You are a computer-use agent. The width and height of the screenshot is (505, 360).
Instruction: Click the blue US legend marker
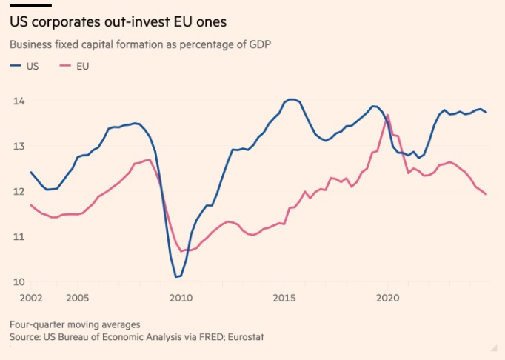click(16, 66)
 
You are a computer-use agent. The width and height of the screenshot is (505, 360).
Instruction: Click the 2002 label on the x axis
click(21, 298)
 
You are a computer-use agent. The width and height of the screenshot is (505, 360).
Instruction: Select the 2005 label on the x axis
click(78, 298)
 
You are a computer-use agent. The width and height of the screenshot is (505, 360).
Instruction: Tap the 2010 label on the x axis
click(181, 298)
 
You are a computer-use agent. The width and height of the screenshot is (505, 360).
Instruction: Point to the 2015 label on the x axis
click(284, 298)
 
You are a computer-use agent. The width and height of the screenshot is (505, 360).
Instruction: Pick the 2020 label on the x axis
click(388, 298)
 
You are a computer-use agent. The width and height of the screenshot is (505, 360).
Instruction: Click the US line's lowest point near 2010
click(178, 277)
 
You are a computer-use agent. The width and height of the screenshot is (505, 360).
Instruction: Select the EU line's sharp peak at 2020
click(388, 115)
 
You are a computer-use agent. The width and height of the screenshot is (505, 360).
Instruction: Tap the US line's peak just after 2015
click(292, 99)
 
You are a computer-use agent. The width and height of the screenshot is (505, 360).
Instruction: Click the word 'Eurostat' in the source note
click(245, 338)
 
